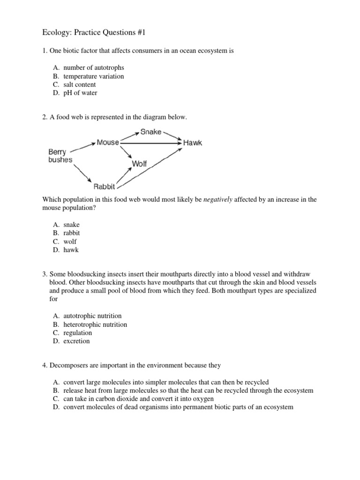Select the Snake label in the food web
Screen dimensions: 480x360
click(x=150, y=132)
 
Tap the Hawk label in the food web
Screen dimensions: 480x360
click(x=193, y=142)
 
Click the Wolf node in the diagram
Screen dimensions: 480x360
click(x=140, y=164)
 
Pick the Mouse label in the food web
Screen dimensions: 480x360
click(x=107, y=142)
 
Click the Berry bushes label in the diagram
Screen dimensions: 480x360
click(x=60, y=156)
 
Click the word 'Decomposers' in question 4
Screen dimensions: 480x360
click(x=67, y=365)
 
